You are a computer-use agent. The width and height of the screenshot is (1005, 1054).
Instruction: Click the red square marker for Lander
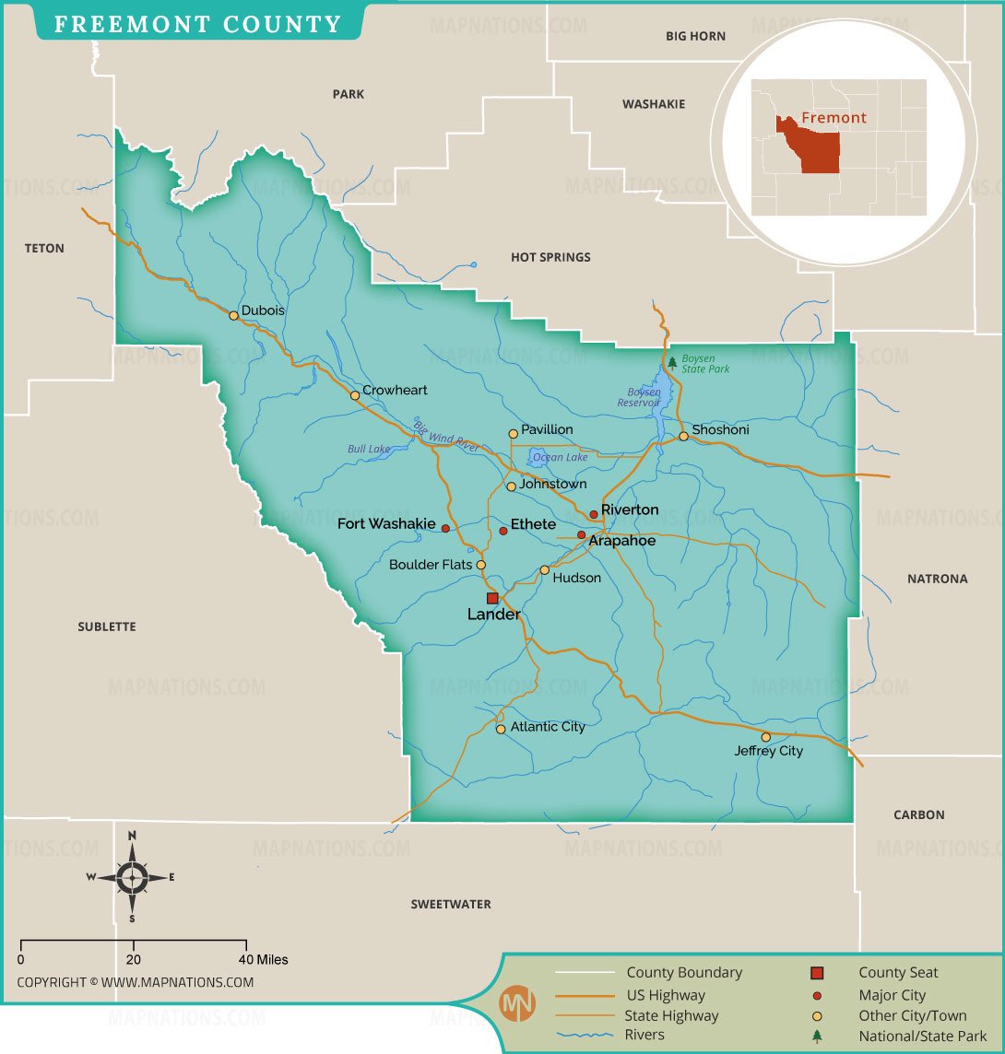point(492,598)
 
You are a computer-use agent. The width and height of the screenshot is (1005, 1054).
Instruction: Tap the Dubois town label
point(263,310)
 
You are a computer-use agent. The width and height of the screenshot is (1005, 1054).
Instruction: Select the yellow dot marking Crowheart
point(355,395)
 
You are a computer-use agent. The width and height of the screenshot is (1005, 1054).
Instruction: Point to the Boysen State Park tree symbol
point(672,362)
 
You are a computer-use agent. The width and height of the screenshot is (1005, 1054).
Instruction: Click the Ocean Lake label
point(561,457)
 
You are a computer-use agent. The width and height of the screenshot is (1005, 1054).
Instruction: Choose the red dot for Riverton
point(594,515)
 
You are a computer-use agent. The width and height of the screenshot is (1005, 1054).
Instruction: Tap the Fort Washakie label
point(386,524)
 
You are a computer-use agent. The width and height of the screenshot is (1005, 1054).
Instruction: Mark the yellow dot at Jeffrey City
point(765,737)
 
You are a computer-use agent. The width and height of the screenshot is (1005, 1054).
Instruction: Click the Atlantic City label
point(548,727)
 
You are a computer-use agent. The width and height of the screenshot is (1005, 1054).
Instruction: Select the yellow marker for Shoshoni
point(683,436)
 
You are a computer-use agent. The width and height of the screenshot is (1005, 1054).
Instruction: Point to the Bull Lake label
point(369,450)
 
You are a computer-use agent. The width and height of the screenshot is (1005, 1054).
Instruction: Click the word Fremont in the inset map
point(834,118)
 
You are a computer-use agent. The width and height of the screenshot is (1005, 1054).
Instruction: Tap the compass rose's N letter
point(132,836)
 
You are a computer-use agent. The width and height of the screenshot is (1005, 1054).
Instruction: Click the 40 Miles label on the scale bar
point(265,960)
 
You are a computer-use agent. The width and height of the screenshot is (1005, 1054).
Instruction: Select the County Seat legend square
point(817,973)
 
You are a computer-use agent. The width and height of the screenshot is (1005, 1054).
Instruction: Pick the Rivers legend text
point(644,1035)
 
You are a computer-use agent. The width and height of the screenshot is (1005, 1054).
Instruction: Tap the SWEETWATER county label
point(451,905)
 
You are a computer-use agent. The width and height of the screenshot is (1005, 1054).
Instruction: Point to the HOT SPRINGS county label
point(550,257)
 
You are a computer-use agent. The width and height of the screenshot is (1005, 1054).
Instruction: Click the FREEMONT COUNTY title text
point(197,24)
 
